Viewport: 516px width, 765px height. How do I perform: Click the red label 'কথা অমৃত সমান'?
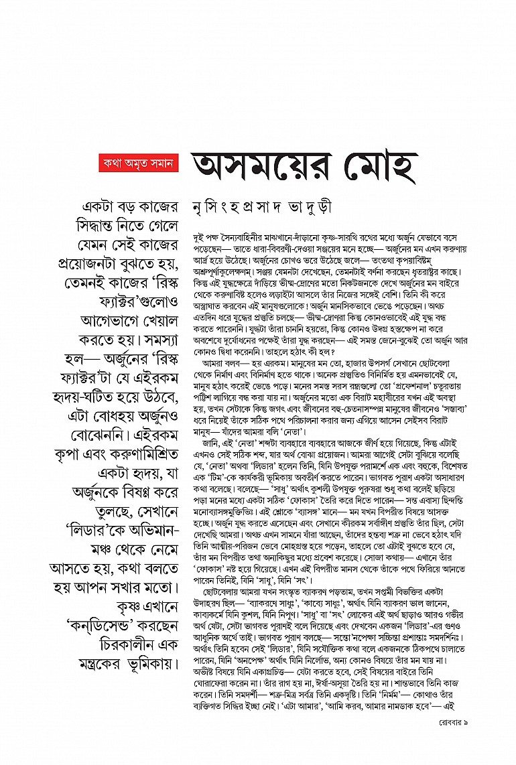click(138, 163)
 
